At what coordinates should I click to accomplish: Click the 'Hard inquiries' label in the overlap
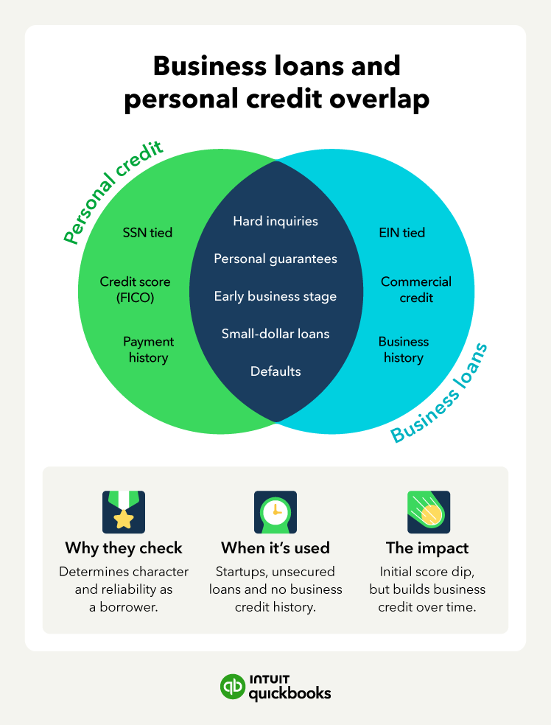[275, 220]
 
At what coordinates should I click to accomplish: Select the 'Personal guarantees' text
[275, 259]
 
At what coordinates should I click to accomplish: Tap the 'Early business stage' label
[275, 296]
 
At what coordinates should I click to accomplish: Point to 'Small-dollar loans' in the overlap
[275, 334]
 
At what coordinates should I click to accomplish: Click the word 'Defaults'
[275, 371]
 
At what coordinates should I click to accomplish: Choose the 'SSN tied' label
[147, 233]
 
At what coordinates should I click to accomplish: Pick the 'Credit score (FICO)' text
[135, 290]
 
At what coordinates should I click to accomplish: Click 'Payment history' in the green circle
[148, 350]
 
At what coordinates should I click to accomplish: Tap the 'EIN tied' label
[401, 233]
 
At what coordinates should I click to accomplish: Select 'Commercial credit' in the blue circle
[416, 290]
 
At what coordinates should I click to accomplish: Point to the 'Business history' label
[404, 350]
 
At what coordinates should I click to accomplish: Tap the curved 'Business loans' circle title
[441, 394]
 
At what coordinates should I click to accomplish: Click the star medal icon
[124, 512]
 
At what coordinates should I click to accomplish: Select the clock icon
[275, 512]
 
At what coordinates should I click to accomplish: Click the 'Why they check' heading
[124, 548]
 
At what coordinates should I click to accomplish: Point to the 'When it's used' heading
[275, 548]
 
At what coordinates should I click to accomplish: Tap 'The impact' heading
[427, 548]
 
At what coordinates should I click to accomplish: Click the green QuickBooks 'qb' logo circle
[233, 686]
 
